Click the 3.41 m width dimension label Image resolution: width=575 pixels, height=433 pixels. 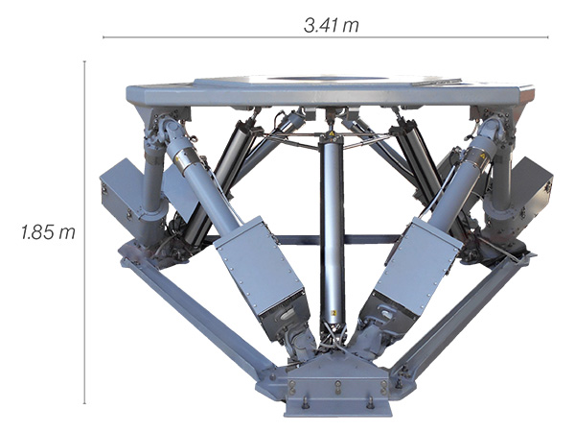pyautogui.click(x=332, y=26)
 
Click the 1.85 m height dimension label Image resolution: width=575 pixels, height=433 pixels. pyautogui.click(x=48, y=232)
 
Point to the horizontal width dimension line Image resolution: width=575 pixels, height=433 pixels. pyautogui.click(x=325, y=37)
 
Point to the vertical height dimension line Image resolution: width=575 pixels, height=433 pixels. pyautogui.click(x=84, y=232)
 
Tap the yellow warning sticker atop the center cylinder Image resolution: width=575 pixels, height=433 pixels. pyautogui.click(x=332, y=133)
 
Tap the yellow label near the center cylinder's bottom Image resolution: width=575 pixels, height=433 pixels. pyautogui.click(x=333, y=313)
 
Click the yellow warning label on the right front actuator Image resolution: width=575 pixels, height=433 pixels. pyautogui.click(x=483, y=156)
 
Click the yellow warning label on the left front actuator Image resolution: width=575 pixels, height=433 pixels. pyautogui.click(x=178, y=159)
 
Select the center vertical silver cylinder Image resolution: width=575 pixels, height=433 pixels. pyautogui.click(x=332, y=231)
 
